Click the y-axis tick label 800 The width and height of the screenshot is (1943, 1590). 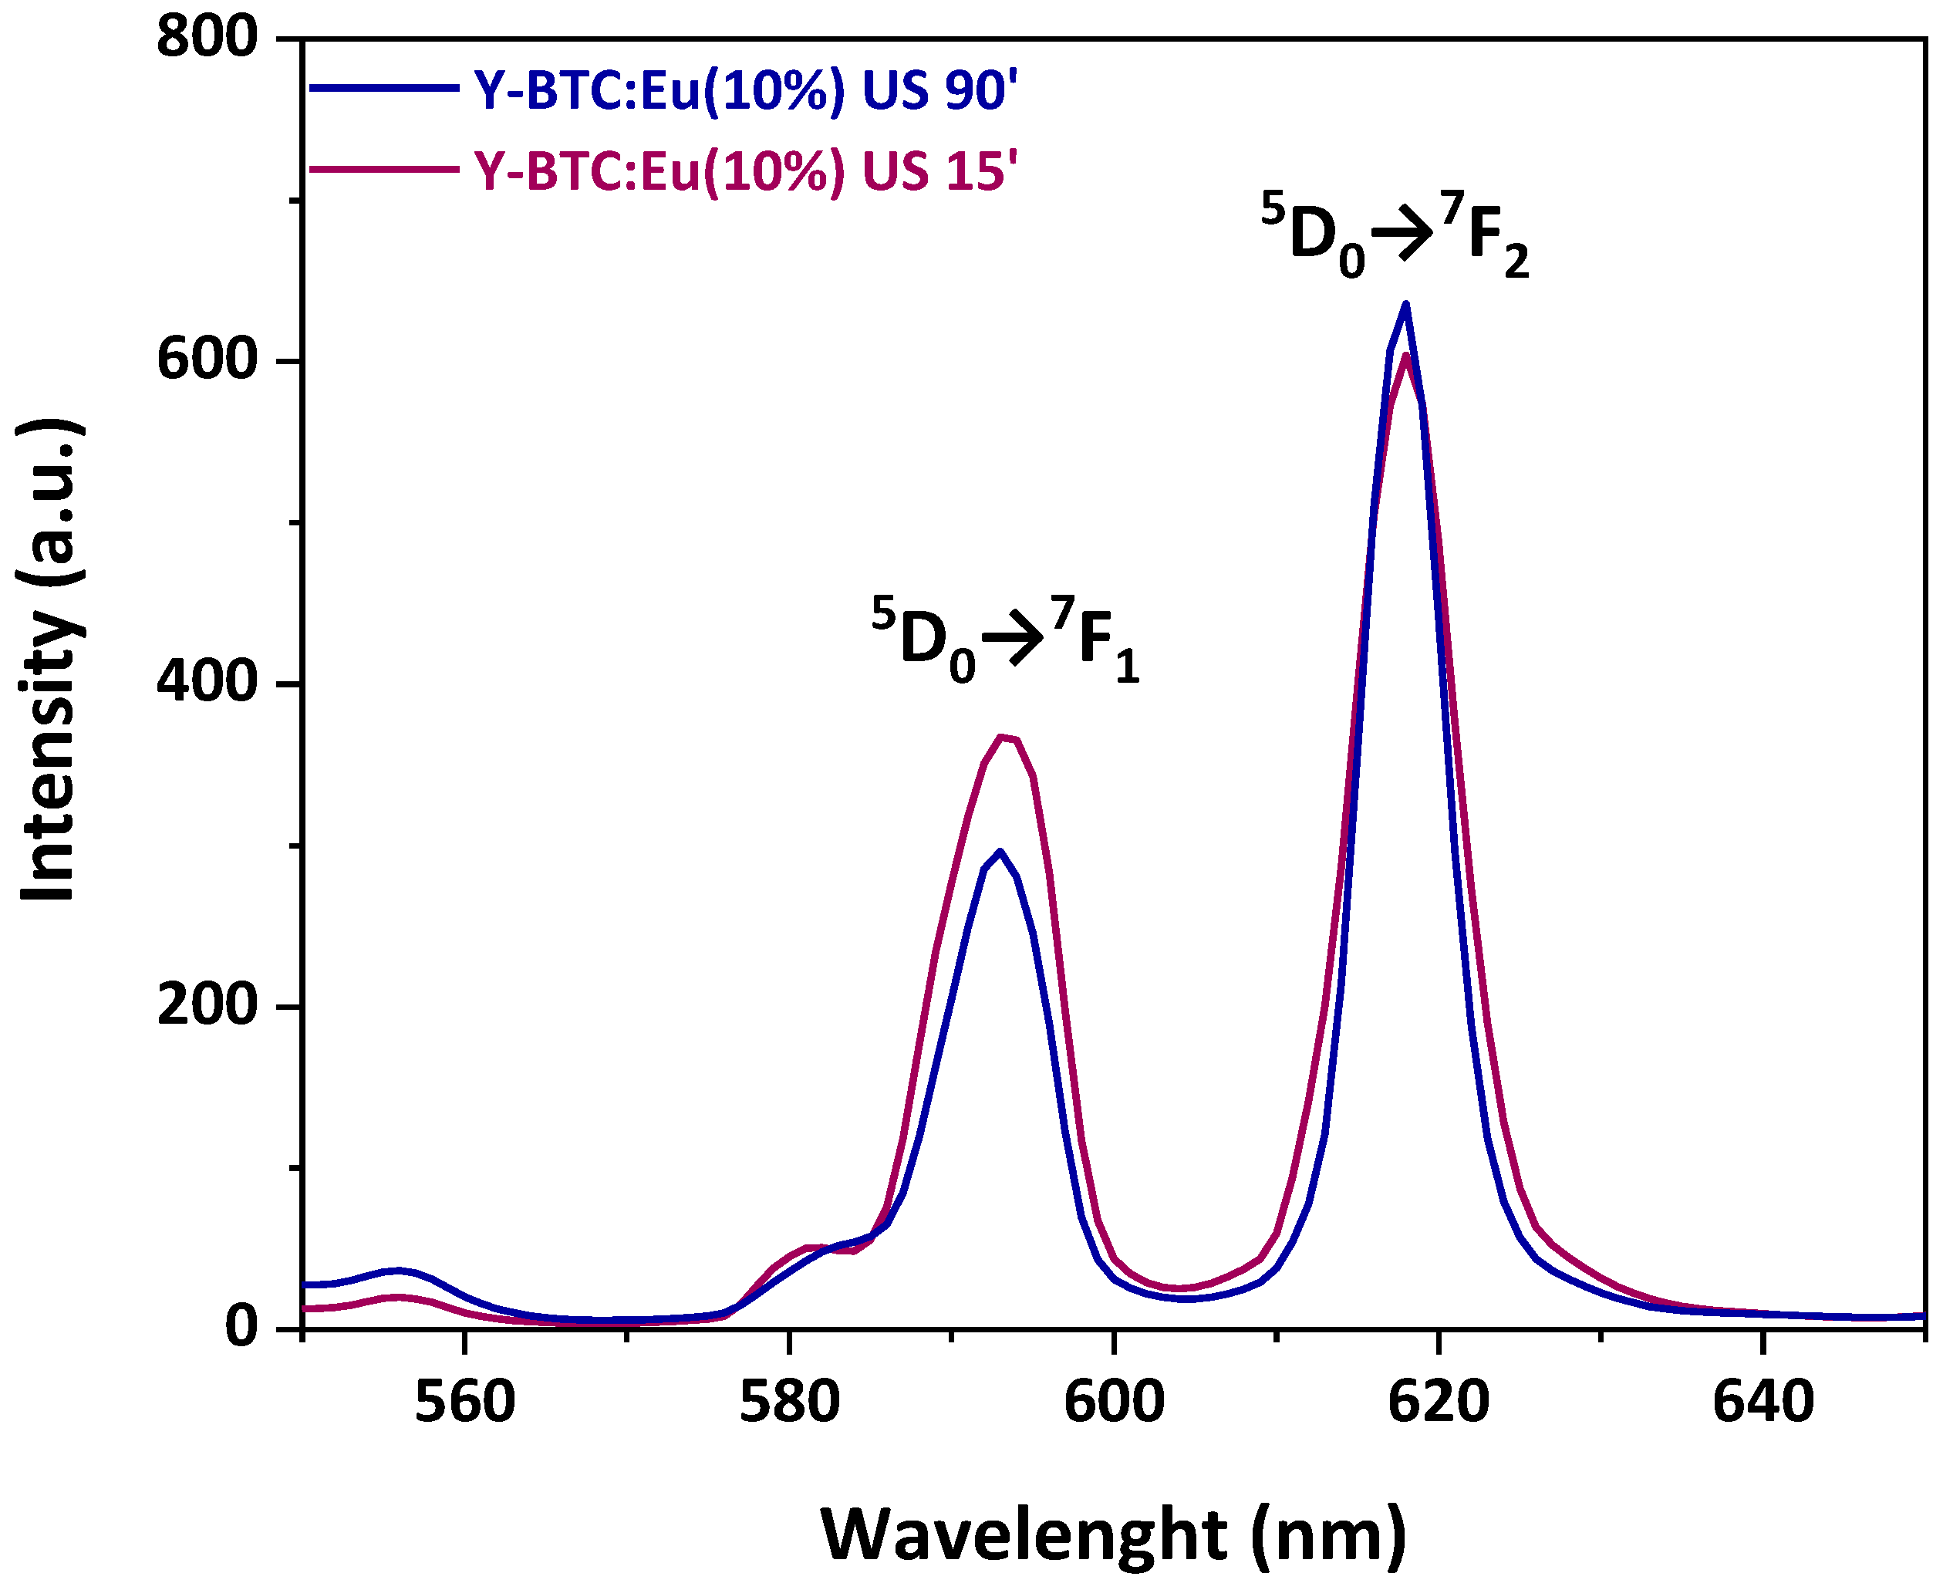206,39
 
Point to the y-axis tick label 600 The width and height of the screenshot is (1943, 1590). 206,361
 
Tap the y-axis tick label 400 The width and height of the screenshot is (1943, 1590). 206,684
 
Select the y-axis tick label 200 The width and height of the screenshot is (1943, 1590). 206,1006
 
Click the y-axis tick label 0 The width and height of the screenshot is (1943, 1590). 241,1327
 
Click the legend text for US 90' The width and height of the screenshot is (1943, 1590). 745,91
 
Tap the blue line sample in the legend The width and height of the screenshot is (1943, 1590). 385,89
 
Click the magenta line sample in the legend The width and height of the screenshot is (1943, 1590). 385,168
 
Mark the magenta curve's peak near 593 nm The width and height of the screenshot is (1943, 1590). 1003,738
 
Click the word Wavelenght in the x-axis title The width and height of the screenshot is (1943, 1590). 1023,1535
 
